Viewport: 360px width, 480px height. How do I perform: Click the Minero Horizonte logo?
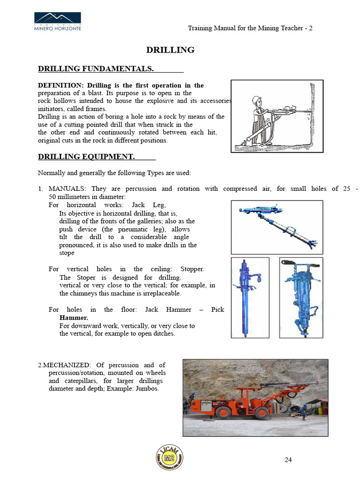58,22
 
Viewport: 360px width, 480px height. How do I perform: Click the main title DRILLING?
170,50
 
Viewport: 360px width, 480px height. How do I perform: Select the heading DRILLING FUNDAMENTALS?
96,68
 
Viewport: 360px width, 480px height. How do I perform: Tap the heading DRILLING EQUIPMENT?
86,157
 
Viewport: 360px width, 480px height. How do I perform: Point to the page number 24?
288,459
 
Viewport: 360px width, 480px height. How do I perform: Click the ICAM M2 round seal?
170,457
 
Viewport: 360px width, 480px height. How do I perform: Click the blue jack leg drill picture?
277,227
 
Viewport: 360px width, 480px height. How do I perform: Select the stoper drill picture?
250,298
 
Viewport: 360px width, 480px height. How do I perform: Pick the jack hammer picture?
301,298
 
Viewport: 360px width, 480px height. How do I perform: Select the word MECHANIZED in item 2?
67,365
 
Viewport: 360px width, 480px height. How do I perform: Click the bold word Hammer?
74,318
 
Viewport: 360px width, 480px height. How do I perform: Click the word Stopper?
192,269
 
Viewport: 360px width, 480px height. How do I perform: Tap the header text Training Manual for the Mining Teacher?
246,28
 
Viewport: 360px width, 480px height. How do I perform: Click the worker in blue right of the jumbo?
304,411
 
